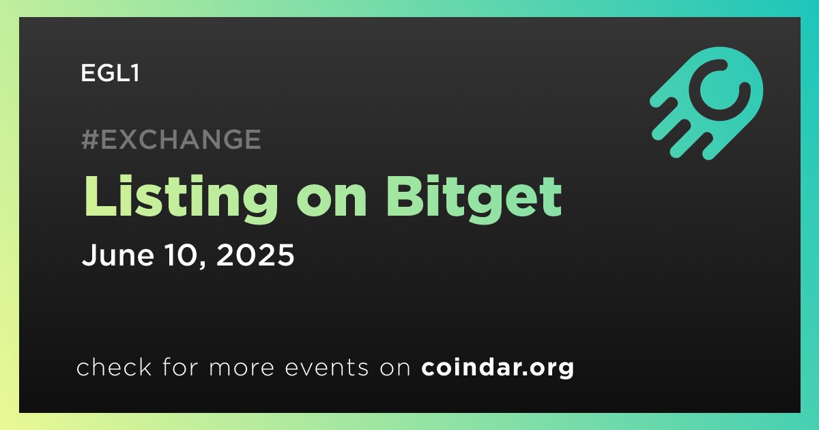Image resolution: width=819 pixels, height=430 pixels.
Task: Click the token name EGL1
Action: (110, 73)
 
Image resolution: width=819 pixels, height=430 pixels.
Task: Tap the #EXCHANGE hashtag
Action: (171, 139)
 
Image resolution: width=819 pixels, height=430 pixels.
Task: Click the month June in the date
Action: (117, 255)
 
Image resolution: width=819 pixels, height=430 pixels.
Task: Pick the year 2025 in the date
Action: (255, 255)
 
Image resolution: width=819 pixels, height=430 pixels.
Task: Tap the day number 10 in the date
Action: (181, 255)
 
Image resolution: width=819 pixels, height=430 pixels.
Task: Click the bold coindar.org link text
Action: (498, 367)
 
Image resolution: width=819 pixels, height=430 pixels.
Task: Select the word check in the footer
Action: (114, 367)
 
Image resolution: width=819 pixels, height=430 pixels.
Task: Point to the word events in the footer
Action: (326, 368)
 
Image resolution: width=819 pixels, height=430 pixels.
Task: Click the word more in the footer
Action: (242, 368)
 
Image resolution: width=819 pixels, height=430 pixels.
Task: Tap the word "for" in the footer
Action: (180, 367)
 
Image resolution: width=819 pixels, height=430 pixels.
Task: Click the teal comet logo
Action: (706, 103)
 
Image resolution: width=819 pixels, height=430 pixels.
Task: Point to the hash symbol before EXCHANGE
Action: (89, 139)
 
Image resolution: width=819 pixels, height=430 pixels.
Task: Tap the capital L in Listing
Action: (100, 197)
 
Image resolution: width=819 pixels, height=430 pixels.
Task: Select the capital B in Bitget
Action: (404, 197)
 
